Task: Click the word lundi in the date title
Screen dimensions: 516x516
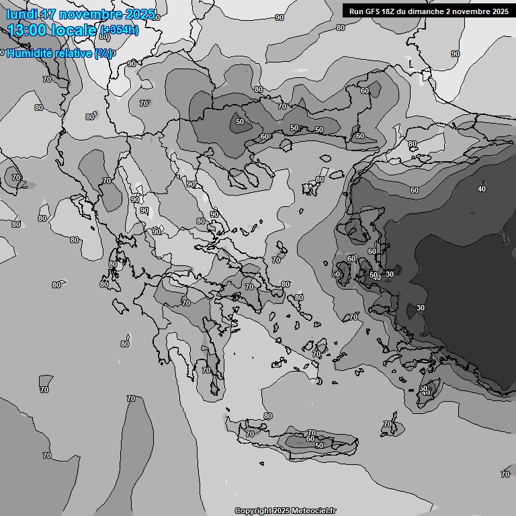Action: [x=21, y=15]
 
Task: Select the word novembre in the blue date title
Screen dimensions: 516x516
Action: [x=91, y=15]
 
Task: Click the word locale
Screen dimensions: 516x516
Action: [x=76, y=30]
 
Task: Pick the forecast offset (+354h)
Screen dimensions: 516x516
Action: [x=120, y=30]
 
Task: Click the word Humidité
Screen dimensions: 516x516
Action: [x=30, y=53]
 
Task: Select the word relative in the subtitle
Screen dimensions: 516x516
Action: [x=73, y=53]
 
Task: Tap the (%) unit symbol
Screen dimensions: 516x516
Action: [x=103, y=54]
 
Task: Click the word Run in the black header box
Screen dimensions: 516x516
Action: [x=357, y=11]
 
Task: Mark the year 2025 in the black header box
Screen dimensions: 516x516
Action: [x=499, y=11]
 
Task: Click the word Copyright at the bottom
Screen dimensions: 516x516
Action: [x=253, y=511]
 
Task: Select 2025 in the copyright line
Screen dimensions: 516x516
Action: [x=281, y=511]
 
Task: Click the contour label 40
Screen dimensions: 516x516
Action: [x=482, y=189]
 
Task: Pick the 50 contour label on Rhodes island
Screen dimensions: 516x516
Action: [x=423, y=389]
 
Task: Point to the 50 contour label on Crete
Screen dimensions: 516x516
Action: [x=319, y=445]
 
